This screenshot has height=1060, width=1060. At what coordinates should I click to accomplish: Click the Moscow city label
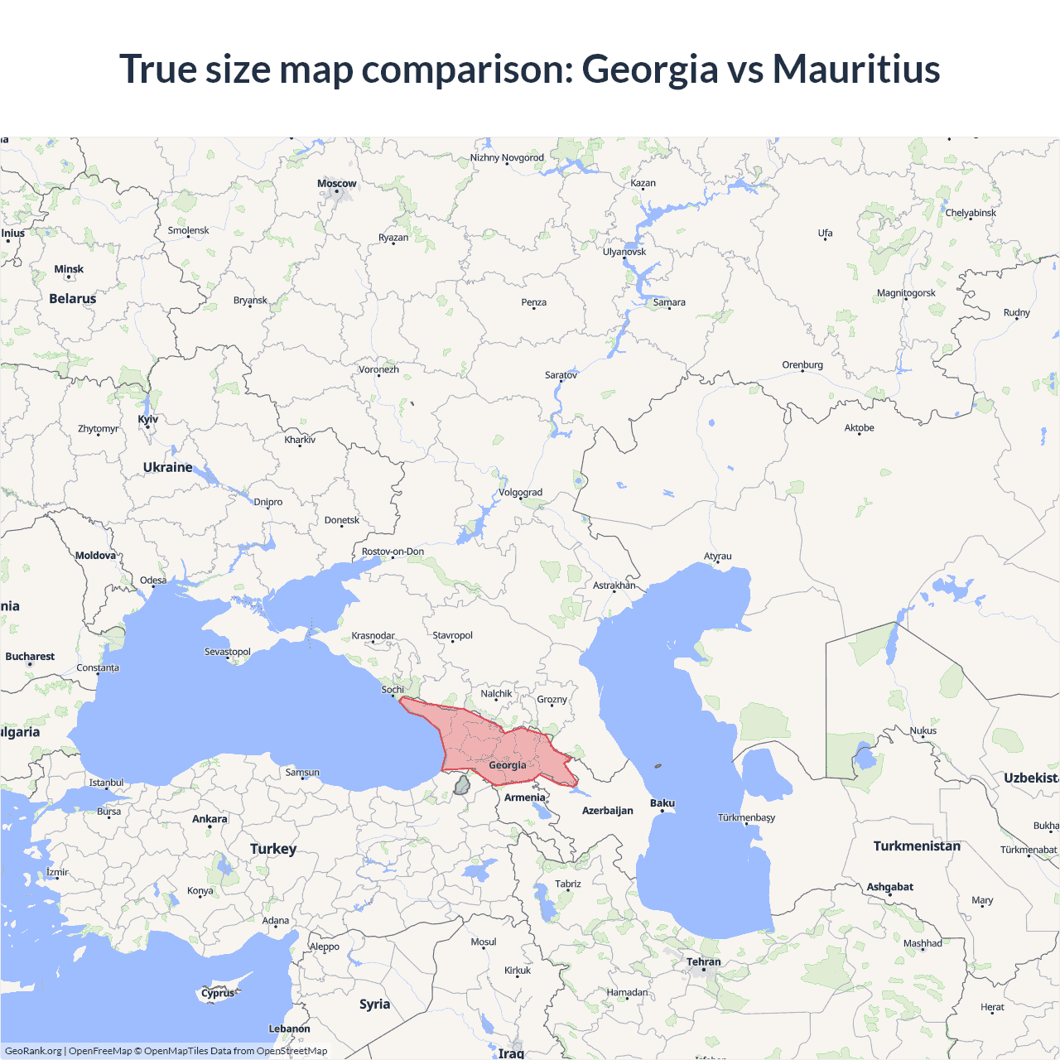[x=337, y=184]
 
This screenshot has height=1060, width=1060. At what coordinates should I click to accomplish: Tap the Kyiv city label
[x=148, y=420]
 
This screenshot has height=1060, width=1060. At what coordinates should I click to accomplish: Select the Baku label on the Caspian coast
[x=662, y=803]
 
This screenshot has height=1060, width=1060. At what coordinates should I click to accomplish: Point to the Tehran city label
[x=704, y=962]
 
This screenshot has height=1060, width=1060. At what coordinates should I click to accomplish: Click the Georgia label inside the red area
[x=508, y=765]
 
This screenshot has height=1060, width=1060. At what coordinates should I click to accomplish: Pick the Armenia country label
[x=525, y=797]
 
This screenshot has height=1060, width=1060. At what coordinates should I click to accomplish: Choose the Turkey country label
[x=273, y=849]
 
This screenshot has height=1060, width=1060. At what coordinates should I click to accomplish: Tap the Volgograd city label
[x=521, y=493]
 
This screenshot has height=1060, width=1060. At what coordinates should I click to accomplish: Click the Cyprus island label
[x=218, y=993]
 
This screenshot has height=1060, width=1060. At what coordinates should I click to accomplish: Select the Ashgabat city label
[x=890, y=887]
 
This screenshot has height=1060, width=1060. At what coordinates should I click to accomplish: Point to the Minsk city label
[x=69, y=269]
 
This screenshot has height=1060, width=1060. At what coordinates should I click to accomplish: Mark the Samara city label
[x=669, y=302]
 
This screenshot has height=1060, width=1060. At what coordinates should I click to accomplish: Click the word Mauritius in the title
[x=856, y=69]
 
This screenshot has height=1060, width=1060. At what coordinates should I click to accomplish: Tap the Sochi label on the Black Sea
[x=393, y=690]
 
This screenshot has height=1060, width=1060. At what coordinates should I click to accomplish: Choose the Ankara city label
[x=210, y=819]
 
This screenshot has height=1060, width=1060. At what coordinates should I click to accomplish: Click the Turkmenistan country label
[x=917, y=846]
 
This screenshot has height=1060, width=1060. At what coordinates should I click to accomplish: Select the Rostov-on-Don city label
[x=393, y=552]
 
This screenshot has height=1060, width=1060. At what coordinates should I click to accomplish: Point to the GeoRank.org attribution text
[x=33, y=1051]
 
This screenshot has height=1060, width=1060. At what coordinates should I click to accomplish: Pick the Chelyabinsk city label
[x=971, y=213]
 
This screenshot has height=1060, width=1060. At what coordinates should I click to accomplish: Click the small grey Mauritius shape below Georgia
[x=462, y=785]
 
